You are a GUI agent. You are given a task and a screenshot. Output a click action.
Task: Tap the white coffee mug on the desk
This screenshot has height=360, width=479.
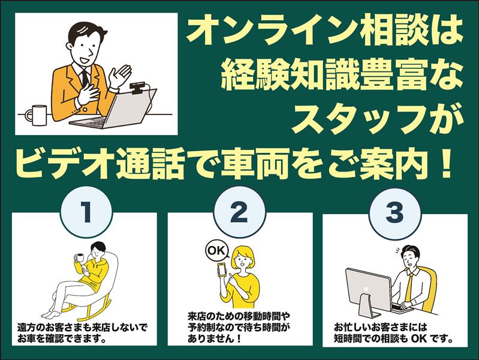(37, 115)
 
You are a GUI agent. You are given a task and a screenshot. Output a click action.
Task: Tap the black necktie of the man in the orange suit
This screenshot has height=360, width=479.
(85, 79)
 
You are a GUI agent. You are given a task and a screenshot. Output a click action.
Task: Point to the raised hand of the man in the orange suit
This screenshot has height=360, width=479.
(120, 76)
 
